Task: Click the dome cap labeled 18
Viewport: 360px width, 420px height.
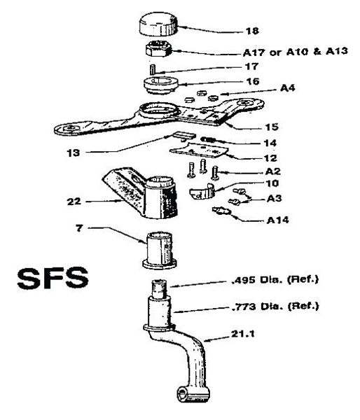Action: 159,24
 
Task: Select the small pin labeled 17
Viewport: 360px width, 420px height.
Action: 153,69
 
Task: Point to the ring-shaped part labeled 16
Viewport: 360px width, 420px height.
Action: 161,85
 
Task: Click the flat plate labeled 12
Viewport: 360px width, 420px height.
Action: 199,150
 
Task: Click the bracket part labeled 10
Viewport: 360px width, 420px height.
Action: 202,191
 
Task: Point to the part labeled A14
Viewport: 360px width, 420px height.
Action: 221,211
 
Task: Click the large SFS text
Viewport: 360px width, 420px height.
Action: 53,278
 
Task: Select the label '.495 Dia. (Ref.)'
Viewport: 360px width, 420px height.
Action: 275,279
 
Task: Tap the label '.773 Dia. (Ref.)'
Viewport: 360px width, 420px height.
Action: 275,306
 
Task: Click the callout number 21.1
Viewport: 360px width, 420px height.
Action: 242,334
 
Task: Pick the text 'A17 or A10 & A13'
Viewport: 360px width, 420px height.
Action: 296,51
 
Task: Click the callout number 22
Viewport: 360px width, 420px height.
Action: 74,201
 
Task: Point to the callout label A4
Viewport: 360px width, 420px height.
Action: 287,88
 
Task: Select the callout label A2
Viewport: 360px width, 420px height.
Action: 273,171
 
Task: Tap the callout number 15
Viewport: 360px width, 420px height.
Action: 272,127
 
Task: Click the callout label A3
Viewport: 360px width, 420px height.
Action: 275,199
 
